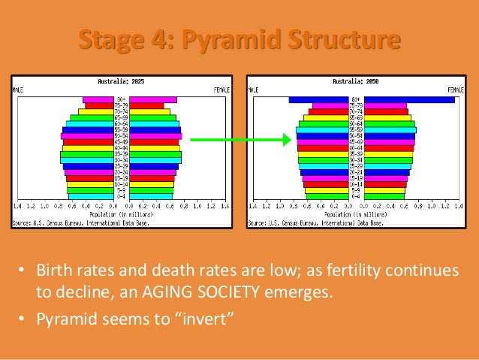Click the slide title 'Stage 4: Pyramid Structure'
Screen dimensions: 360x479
(239, 39)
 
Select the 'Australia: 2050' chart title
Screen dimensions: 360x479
(356, 81)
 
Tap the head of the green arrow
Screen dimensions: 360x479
(286, 139)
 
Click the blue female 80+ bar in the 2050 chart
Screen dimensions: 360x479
(409, 99)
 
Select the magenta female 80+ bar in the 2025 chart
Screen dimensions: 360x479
(153, 99)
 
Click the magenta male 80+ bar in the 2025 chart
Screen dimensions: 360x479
(98, 99)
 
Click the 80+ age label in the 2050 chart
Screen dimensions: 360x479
(356, 99)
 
